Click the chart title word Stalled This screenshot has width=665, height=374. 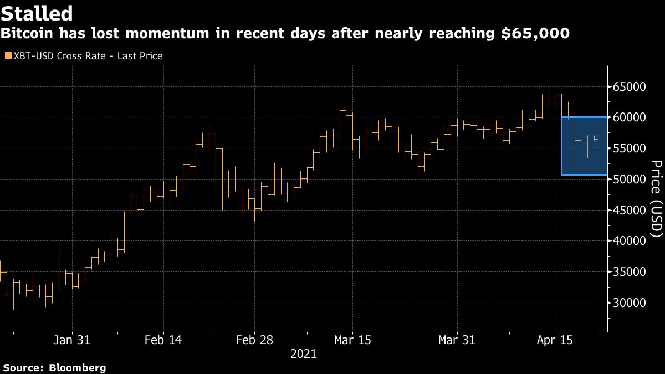click(37, 13)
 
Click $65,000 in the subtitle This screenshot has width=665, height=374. click(533, 34)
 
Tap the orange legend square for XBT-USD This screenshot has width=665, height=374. click(7, 56)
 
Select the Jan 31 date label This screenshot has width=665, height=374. click(72, 340)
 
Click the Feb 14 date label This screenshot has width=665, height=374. click(163, 340)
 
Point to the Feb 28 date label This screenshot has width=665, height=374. click(254, 340)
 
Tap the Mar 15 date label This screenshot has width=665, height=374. click(353, 340)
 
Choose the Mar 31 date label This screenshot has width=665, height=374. click(457, 340)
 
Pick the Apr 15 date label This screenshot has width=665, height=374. click(555, 340)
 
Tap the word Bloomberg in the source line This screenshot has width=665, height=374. click(78, 368)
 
